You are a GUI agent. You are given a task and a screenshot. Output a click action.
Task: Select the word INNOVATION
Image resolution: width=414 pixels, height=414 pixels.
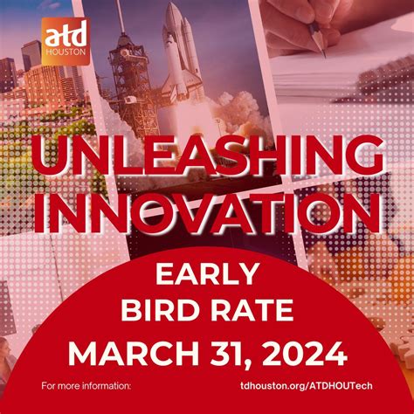207,213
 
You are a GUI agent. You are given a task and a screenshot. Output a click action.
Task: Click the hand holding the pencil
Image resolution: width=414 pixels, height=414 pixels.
354,22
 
